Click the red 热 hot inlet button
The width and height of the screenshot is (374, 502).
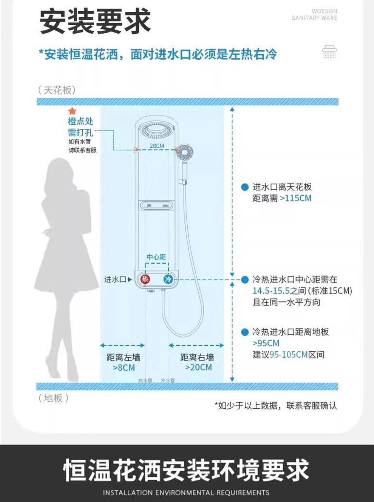click(x=145, y=279)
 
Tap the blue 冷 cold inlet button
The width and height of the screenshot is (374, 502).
click(x=168, y=279)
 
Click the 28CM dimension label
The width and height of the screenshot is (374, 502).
click(x=157, y=146)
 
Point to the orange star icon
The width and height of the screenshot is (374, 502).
click(x=72, y=111)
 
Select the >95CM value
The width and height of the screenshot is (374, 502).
click(x=266, y=343)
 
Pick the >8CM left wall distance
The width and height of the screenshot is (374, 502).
click(x=124, y=368)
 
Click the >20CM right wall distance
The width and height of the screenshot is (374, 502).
click(x=198, y=368)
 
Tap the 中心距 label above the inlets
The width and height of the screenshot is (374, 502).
click(x=156, y=257)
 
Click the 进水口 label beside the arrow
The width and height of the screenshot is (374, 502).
click(x=115, y=280)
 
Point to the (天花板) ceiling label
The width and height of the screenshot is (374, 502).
click(x=57, y=90)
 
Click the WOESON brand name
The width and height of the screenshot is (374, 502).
click(x=324, y=11)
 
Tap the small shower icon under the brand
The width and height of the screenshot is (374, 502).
click(x=329, y=52)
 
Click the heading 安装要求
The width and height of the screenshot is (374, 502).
click(x=95, y=22)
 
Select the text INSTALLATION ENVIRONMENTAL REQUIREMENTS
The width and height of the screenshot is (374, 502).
click(x=186, y=493)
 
